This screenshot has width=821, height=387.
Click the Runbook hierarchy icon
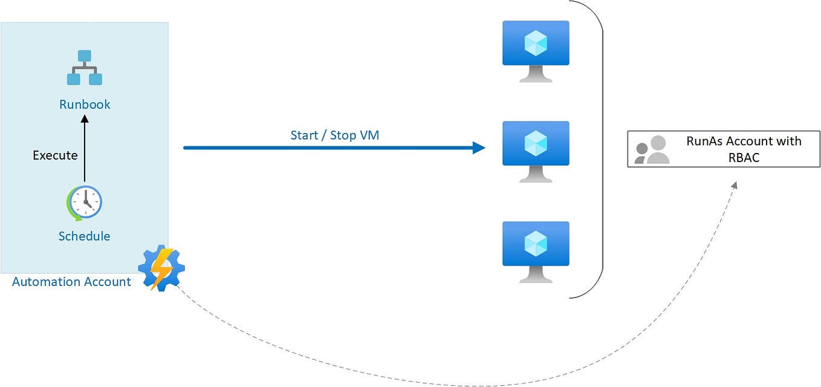(x=84, y=68)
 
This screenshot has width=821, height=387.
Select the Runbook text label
(x=85, y=105)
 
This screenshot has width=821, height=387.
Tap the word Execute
(x=55, y=155)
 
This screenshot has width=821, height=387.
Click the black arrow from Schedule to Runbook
(x=84, y=151)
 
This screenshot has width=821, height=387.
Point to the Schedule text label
(x=84, y=236)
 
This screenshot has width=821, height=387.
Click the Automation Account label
(x=71, y=282)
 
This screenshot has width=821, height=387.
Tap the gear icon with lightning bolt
(x=161, y=268)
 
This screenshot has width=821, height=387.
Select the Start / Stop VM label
(x=335, y=135)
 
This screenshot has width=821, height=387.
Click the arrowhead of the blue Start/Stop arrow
(x=479, y=148)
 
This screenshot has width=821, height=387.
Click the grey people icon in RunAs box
(x=652, y=150)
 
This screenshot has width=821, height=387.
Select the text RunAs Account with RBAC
(x=743, y=149)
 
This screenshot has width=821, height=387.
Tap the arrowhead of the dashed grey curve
(x=735, y=185)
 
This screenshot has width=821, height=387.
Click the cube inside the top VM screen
(x=536, y=43)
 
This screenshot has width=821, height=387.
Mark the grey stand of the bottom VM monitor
(x=536, y=275)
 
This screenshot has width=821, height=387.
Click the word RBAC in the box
(x=743, y=157)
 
